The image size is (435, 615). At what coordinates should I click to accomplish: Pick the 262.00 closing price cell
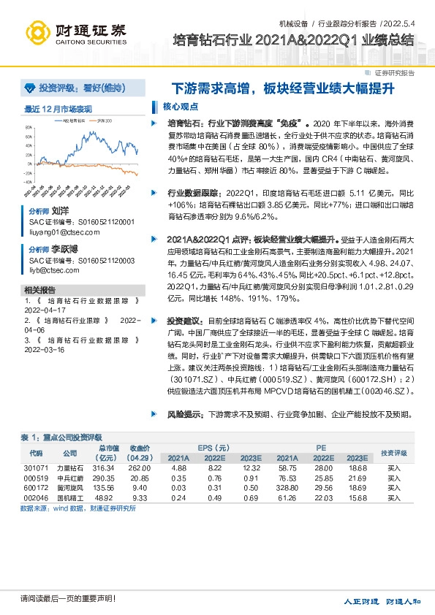point(140,468)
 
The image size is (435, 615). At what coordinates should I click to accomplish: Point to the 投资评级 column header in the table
point(393,453)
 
